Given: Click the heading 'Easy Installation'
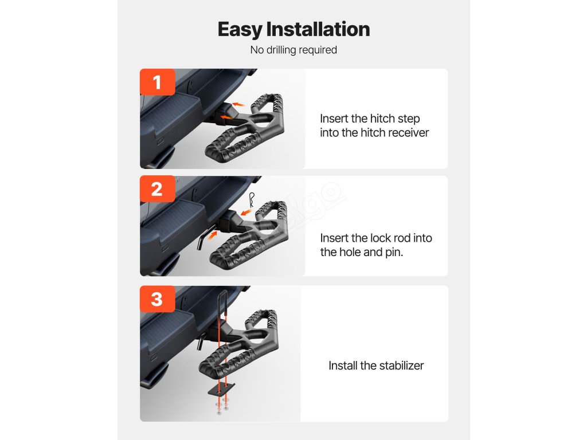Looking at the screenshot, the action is click(293, 30).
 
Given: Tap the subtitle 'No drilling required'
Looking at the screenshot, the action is click(293, 50).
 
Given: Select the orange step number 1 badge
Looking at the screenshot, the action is click(157, 82).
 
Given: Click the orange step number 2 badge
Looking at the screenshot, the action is click(157, 189).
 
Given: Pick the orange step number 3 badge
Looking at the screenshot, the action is click(157, 299).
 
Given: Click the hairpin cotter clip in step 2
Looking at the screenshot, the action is click(252, 200).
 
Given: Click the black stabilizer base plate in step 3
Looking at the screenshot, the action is click(222, 389).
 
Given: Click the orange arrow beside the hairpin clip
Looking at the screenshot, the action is click(246, 213).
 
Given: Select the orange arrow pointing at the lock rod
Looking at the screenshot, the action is click(212, 235).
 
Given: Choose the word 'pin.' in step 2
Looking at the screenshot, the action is click(394, 253).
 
